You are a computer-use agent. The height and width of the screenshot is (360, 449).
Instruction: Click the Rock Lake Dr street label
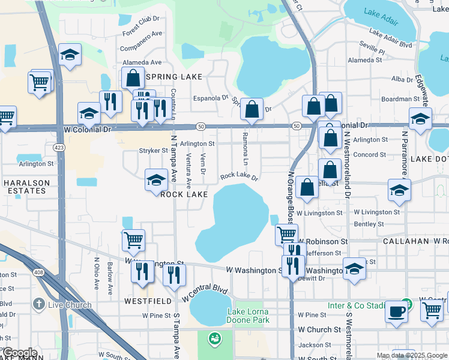pyautogui.click(x=239, y=176)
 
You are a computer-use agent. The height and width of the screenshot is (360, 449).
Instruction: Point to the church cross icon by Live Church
pyautogui.click(x=40, y=304)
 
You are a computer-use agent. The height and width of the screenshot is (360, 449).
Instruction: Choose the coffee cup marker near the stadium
pyautogui.click(x=396, y=311)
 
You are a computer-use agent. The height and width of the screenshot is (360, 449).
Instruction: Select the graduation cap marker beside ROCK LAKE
pyautogui.click(x=156, y=179)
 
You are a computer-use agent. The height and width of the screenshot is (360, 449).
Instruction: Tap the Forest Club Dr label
pyautogui.click(x=142, y=35)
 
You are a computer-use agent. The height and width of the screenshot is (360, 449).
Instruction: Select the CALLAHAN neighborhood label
pyautogui.click(x=406, y=241)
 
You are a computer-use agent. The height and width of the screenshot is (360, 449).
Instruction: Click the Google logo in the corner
pyautogui.click(x=19, y=353)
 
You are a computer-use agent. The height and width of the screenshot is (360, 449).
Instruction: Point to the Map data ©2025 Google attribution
pyautogui.click(x=411, y=355)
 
